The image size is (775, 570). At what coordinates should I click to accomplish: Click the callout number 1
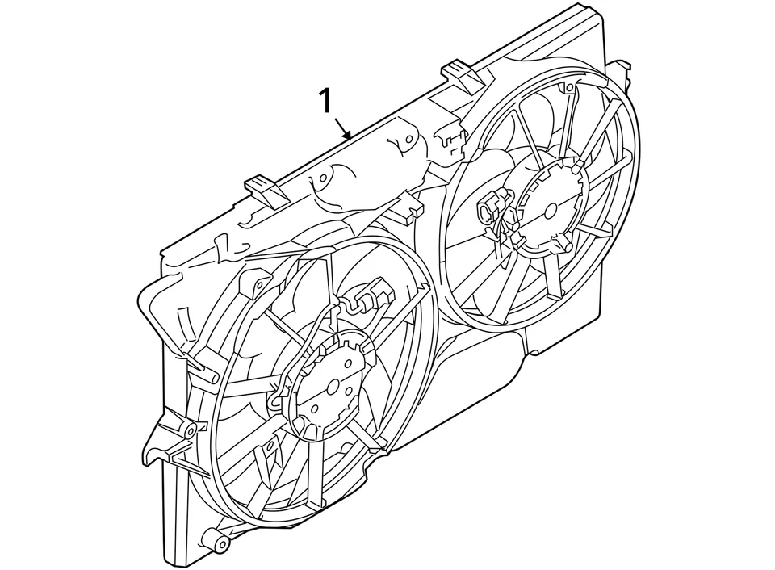coord(325,103)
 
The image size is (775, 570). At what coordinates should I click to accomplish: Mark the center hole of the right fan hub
coord(551,210)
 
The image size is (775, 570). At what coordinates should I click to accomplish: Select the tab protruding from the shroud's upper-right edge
coord(620,69)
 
